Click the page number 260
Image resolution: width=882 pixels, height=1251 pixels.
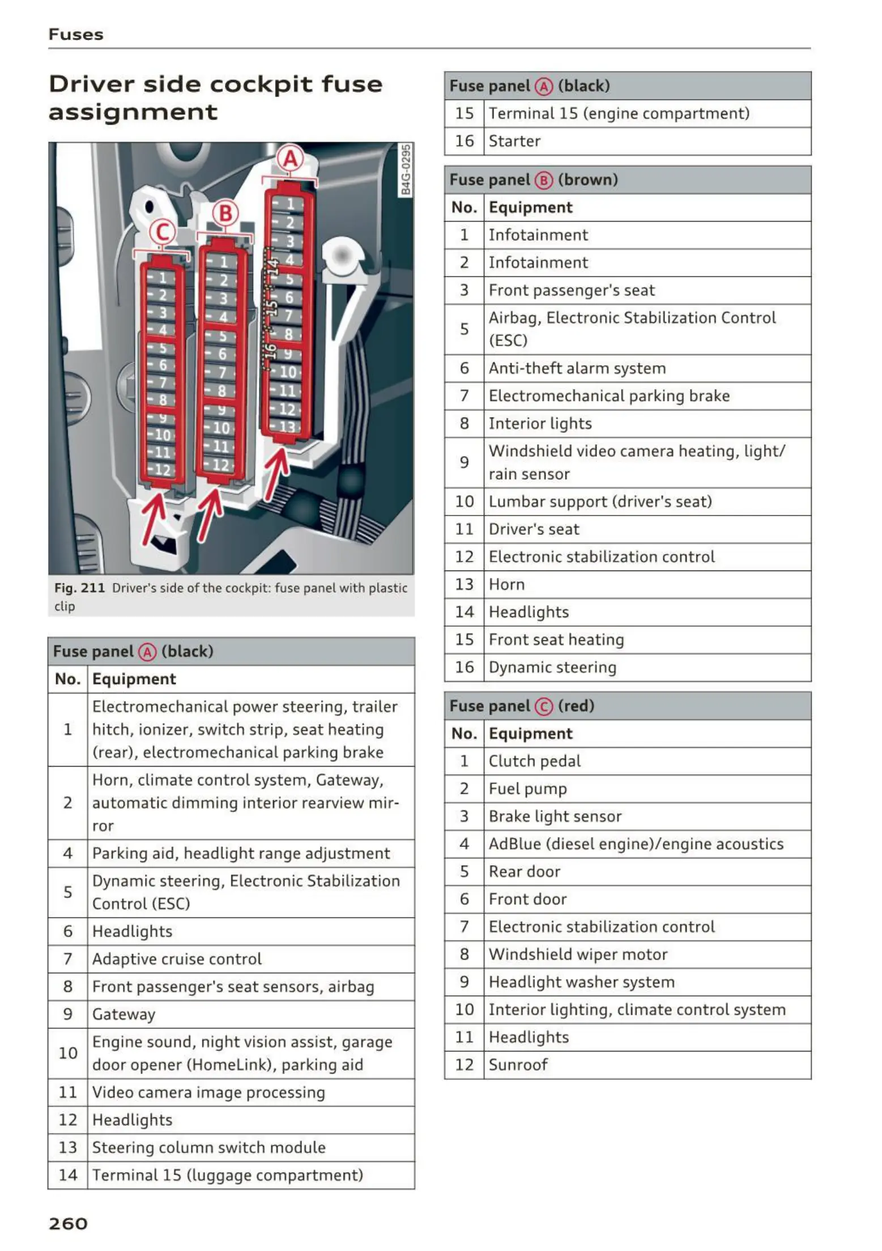[x=68, y=1224]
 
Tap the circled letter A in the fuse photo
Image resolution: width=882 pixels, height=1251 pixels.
[x=290, y=159]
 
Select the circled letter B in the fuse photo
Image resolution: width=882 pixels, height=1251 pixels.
[x=225, y=214]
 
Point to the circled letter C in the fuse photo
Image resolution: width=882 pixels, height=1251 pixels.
[x=162, y=232]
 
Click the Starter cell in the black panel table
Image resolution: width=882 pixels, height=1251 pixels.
[x=514, y=141]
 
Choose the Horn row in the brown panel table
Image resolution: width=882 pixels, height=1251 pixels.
[x=506, y=584]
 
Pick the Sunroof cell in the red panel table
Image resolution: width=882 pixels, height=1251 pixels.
[x=518, y=1065]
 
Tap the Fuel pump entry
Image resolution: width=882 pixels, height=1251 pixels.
[x=527, y=789]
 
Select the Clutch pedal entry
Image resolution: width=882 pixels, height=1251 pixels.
[x=534, y=761]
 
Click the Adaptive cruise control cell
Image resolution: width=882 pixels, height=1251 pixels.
[x=177, y=959]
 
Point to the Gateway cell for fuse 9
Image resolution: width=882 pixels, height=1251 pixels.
[x=123, y=1014]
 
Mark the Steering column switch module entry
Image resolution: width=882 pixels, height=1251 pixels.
[x=208, y=1147]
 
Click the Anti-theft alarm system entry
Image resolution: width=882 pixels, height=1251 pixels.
[x=577, y=368]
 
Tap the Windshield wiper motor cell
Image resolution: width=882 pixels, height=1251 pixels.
[x=578, y=954]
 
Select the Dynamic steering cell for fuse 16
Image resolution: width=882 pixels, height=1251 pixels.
[x=552, y=667]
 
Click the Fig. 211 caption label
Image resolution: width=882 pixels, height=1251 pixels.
[x=79, y=588]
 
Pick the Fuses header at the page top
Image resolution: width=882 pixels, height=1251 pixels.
[x=76, y=35]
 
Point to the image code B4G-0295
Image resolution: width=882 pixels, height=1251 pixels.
[x=406, y=170]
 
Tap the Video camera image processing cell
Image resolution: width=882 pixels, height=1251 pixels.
[x=208, y=1092]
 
